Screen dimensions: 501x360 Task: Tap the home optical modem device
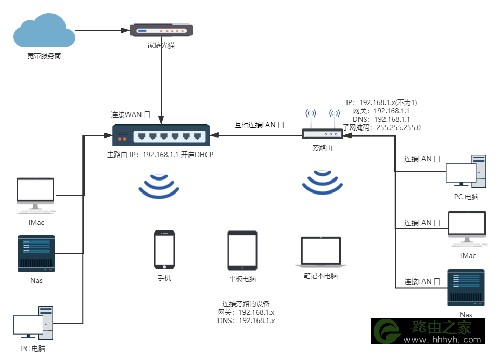(161, 30)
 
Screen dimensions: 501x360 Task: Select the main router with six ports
(161, 135)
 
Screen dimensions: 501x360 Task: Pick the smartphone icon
(164, 250)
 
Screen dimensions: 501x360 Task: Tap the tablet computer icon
(242, 251)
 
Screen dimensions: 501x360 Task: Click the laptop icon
(321, 252)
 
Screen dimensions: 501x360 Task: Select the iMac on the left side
(35, 196)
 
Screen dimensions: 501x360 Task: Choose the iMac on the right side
(467, 229)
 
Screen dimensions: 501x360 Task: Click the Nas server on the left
(36, 254)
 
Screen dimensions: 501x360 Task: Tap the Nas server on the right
(466, 288)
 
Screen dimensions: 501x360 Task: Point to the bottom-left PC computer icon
(33, 323)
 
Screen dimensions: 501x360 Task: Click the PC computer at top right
(466, 172)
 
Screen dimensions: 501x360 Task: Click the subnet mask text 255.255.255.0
(399, 128)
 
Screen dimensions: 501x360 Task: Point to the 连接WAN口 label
(131, 114)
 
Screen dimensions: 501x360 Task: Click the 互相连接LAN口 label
(260, 125)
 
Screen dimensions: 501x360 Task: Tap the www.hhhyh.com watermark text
(442, 339)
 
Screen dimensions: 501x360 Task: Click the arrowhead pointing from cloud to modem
(125, 30)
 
